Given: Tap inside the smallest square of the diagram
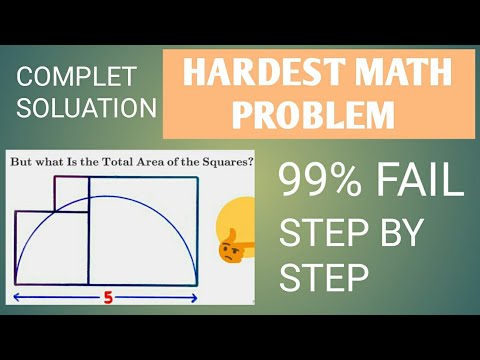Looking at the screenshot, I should click(71, 194).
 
